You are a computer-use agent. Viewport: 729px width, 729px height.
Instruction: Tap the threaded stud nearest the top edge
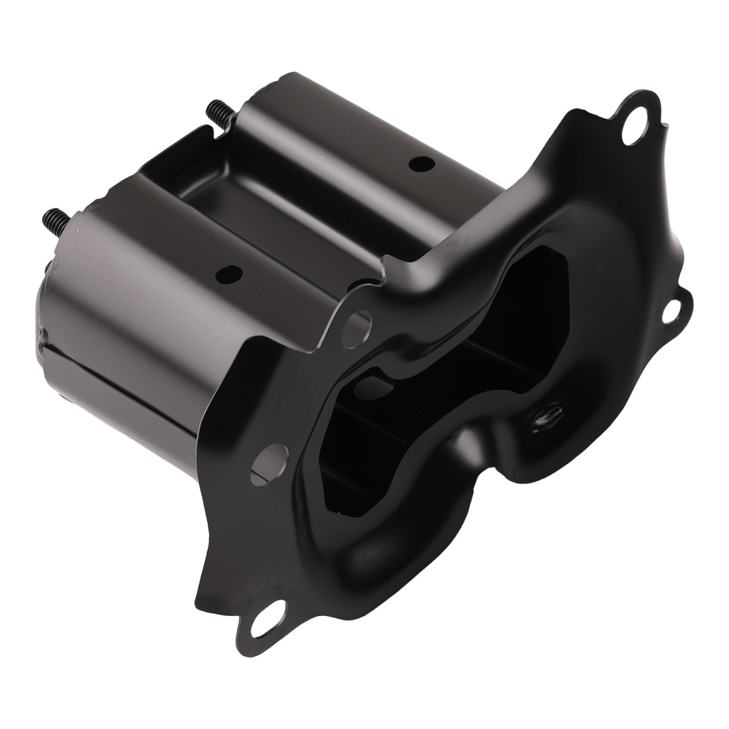point(219,112)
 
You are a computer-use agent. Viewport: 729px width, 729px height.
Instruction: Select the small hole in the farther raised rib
point(418,164)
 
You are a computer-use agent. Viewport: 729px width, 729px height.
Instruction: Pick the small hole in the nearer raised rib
point(230,275)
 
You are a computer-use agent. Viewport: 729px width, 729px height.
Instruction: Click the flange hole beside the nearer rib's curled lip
point(356,329)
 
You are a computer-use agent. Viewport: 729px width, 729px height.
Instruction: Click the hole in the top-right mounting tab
point(634,128)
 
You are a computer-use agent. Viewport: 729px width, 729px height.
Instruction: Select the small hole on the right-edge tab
point(671,311)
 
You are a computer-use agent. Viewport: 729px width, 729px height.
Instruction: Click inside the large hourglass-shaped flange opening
point(437,379)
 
